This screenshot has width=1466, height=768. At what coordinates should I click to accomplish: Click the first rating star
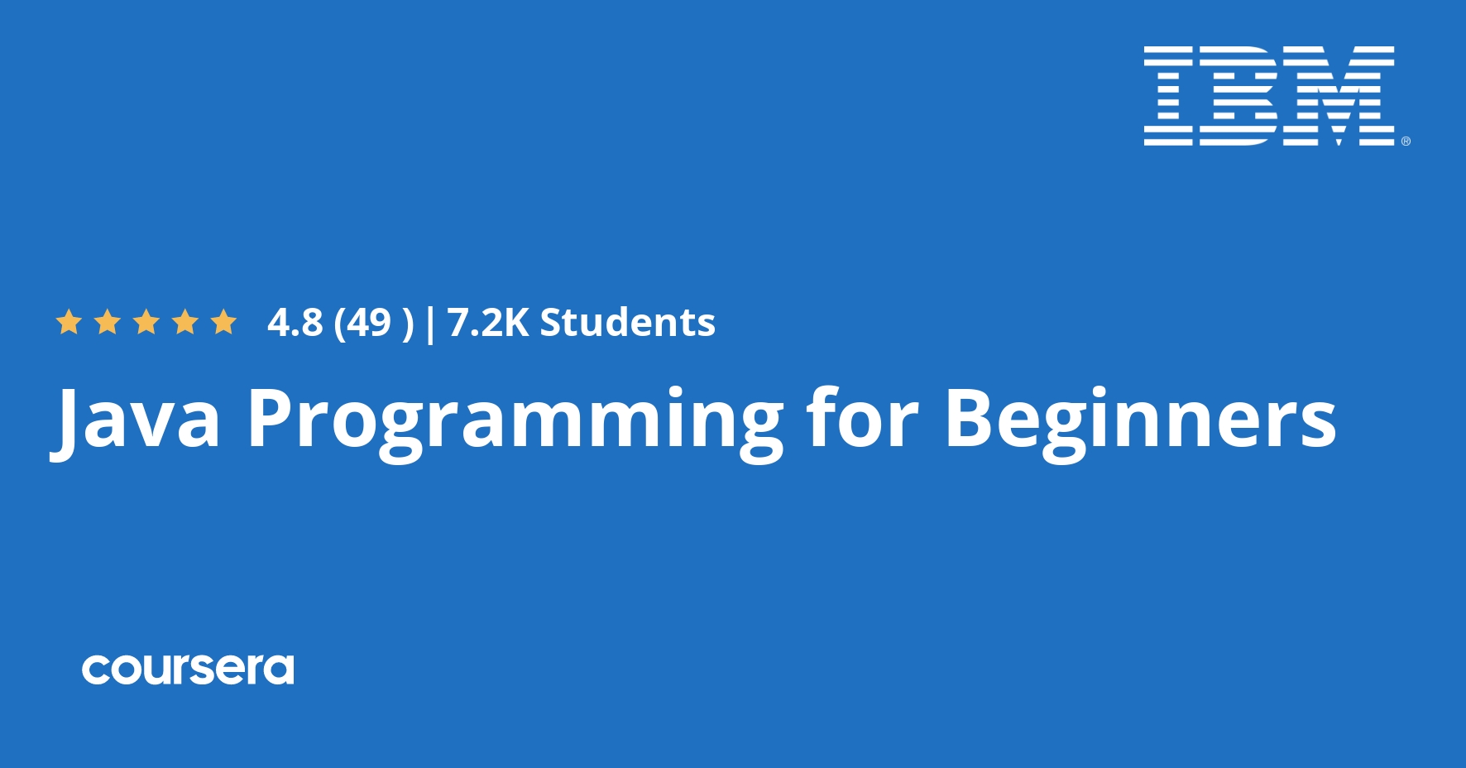[x=69, y=322]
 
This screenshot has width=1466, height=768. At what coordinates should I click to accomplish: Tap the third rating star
[x=146, y=322]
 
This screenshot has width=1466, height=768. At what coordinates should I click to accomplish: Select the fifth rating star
[x=223, y=322]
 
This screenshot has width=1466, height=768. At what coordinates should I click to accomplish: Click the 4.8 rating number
[x=295, y=322]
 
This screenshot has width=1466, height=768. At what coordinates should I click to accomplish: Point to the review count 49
[x=369, y=322]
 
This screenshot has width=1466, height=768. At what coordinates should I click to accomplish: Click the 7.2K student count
[x=487, y=322]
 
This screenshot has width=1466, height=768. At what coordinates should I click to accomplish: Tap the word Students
[x=627, y=322]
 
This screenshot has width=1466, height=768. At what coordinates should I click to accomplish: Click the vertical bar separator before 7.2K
[x=429, y=323]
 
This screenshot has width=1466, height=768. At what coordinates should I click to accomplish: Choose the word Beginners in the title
[x=1140, y=420]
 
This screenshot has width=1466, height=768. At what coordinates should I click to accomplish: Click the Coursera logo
[x=188, y=670]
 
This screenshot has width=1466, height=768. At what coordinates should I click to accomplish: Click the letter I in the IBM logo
[x=1168, y=96]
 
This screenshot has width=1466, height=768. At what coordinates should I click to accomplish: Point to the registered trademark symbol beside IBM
[x=1405, y=142]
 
